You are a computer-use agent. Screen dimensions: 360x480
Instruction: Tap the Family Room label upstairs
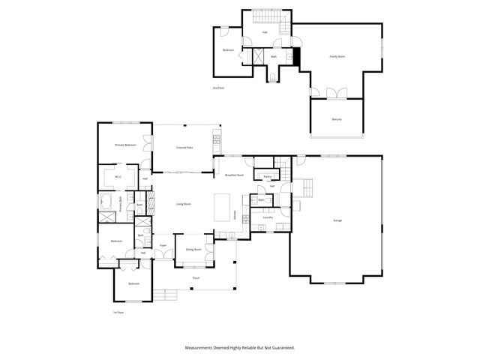click(x=337, y=56)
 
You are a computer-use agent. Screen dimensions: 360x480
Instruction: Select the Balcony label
click(x=337, y=120)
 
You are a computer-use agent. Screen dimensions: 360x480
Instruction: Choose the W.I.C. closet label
click(x=118, y=177)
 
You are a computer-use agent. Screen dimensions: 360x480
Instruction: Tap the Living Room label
click(x=184, y=204)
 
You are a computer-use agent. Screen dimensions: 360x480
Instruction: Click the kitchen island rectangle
click(x=222, y=207)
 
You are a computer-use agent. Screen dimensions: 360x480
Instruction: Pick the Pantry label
click(x=266, y=177)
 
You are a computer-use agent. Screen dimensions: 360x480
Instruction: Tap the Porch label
click(x=196, y=277)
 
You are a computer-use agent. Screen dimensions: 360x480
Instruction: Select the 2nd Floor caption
click(x=218, y=88)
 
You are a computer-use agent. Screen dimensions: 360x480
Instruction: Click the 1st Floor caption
click(x=118, y=312)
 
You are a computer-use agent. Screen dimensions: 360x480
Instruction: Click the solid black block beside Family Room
click(x=297, y=56)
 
